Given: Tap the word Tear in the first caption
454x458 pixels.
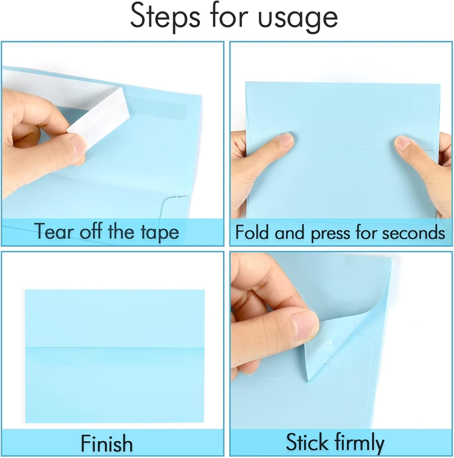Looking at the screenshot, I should point(53,232).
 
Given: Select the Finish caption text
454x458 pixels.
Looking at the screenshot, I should point(107,443).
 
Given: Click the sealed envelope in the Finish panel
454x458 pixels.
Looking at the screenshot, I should point(115,356).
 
